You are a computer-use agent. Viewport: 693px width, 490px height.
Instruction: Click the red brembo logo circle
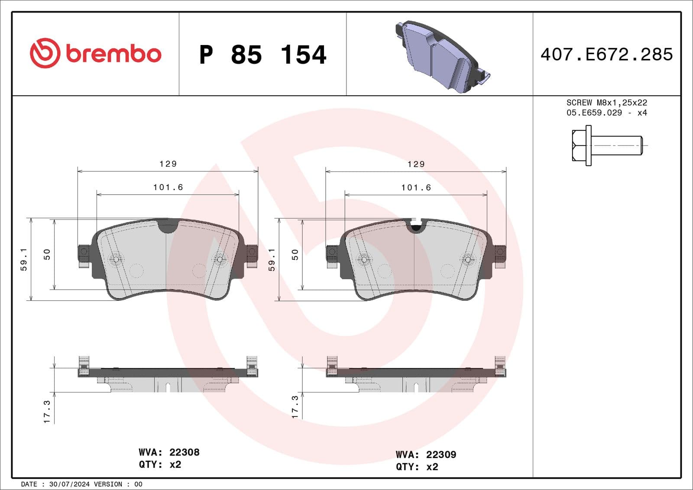point(44,53)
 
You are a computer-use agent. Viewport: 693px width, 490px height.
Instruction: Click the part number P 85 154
point(262,55)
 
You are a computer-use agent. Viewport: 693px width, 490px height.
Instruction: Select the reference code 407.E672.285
point(606,55)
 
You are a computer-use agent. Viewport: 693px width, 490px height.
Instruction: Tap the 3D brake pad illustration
point(442,55)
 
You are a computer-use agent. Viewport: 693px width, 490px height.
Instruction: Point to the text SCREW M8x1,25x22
point(606,103)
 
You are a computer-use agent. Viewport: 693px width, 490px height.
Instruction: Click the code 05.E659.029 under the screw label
point(594,113)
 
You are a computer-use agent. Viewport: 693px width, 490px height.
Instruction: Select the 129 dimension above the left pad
point(168,164)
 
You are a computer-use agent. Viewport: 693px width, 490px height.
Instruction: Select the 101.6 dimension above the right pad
point(416,187)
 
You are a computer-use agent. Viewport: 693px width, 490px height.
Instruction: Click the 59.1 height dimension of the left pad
point(24,259)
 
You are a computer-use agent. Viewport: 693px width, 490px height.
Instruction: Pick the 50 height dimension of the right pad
point(295,255)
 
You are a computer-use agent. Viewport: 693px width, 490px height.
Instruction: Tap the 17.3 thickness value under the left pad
point(47,412)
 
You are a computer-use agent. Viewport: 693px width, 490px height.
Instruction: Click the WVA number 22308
point(184,452)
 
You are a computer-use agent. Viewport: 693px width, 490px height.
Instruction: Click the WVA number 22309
point(441,455)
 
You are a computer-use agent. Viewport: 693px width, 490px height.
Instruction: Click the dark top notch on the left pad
point(168,226)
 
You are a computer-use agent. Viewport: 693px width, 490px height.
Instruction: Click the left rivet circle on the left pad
point(115,259)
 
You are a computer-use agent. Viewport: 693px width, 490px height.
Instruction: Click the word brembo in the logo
point(113,54)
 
